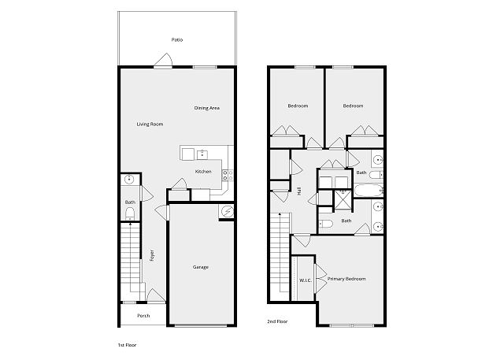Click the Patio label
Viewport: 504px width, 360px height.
click(176, 40)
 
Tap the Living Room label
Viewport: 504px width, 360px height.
click(150, 124)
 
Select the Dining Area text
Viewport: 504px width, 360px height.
click(206, 108)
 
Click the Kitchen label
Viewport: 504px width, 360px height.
click(203, 172)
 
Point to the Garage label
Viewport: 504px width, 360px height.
click(201, 267)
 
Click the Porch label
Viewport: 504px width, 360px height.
click(143, 316)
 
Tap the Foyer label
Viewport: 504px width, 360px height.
click(152, 255)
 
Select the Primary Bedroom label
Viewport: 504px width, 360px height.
click(346, 279)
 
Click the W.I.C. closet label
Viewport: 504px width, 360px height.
click(306, 280)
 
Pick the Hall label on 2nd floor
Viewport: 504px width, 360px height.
click(299, 192)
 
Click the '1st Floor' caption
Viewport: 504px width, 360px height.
click(127, 345)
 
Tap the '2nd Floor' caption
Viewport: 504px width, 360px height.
click(277, 321)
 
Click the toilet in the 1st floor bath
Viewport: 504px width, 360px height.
click(129, 213)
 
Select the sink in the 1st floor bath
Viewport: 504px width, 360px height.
click(129, 179)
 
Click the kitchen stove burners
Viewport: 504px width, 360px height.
click(228, 175)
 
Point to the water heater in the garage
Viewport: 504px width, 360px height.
click(227, 211)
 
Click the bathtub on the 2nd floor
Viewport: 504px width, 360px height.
click(369, 191)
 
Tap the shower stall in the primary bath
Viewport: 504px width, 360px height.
click(343, 200)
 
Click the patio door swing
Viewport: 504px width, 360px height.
click(164, 60)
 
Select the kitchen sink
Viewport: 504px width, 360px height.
click(202, 154)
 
